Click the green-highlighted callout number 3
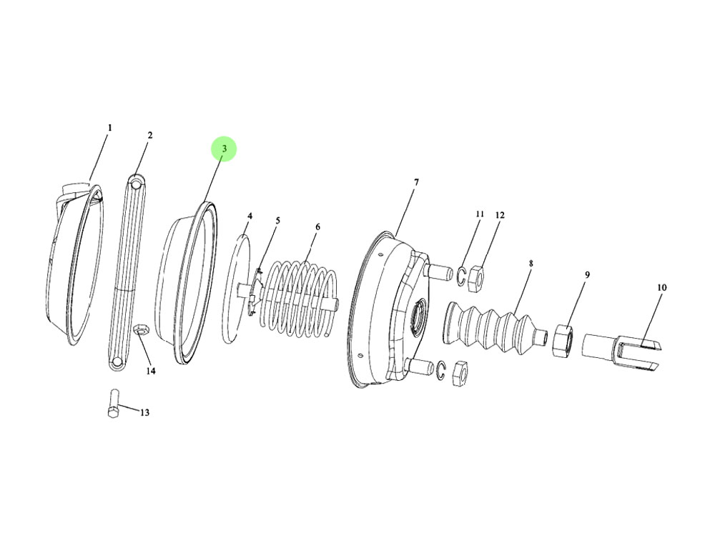coord(224,149)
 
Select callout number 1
coord(109,128)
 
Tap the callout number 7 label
coord(416,182)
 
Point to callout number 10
coord(661,287)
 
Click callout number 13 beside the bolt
coord(144,413)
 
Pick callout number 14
coord(150,372)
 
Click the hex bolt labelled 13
coord(114,403)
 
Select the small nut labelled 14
coord(139,329)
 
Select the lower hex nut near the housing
coord(459,373)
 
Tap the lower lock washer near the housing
coord(440,369)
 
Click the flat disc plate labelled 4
coord(239,287)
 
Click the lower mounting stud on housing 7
coord(418,367)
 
